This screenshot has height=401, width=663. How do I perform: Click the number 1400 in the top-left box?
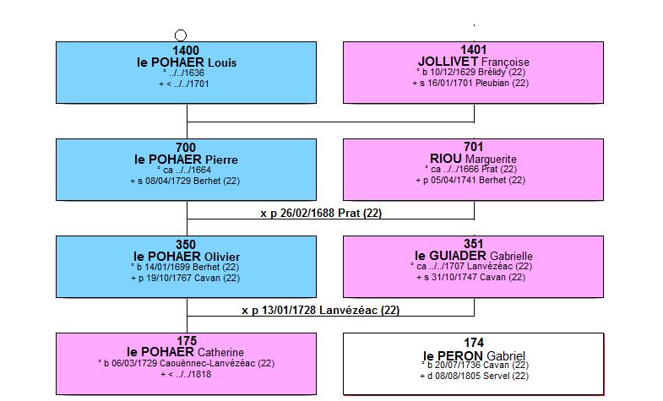pos(186,51)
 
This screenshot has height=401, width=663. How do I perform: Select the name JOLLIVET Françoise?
pos(474,62)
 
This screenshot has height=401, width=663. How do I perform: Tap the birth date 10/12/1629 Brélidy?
pos(470,73)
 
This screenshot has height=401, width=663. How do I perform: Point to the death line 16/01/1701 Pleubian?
pos(470,84)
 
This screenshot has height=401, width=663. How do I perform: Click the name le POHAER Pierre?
pos(186,160)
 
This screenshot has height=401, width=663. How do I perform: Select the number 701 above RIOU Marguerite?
pos(474,147)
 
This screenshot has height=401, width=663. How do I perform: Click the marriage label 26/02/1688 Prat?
pos(321,214)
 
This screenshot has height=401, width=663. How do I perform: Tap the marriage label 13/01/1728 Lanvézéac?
pos(321,311)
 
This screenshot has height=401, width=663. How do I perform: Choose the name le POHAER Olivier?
pos(187,257)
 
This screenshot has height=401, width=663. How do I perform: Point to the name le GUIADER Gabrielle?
pos(474,256)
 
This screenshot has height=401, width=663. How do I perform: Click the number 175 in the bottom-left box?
pos(187,341)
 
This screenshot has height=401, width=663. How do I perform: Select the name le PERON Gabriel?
pos(474,355)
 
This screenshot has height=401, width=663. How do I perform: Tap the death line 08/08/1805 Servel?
pos(474,376)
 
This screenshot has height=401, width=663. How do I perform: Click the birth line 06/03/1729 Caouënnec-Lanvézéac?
pos(186,363)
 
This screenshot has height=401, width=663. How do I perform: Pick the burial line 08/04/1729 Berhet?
pos(185,182)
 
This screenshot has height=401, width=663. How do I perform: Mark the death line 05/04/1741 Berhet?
pos(470,181)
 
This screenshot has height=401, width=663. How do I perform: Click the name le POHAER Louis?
pos(187,62)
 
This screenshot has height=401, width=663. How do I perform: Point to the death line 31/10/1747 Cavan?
pos(471,278)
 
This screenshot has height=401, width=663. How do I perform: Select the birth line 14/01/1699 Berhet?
pos(185,268)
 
